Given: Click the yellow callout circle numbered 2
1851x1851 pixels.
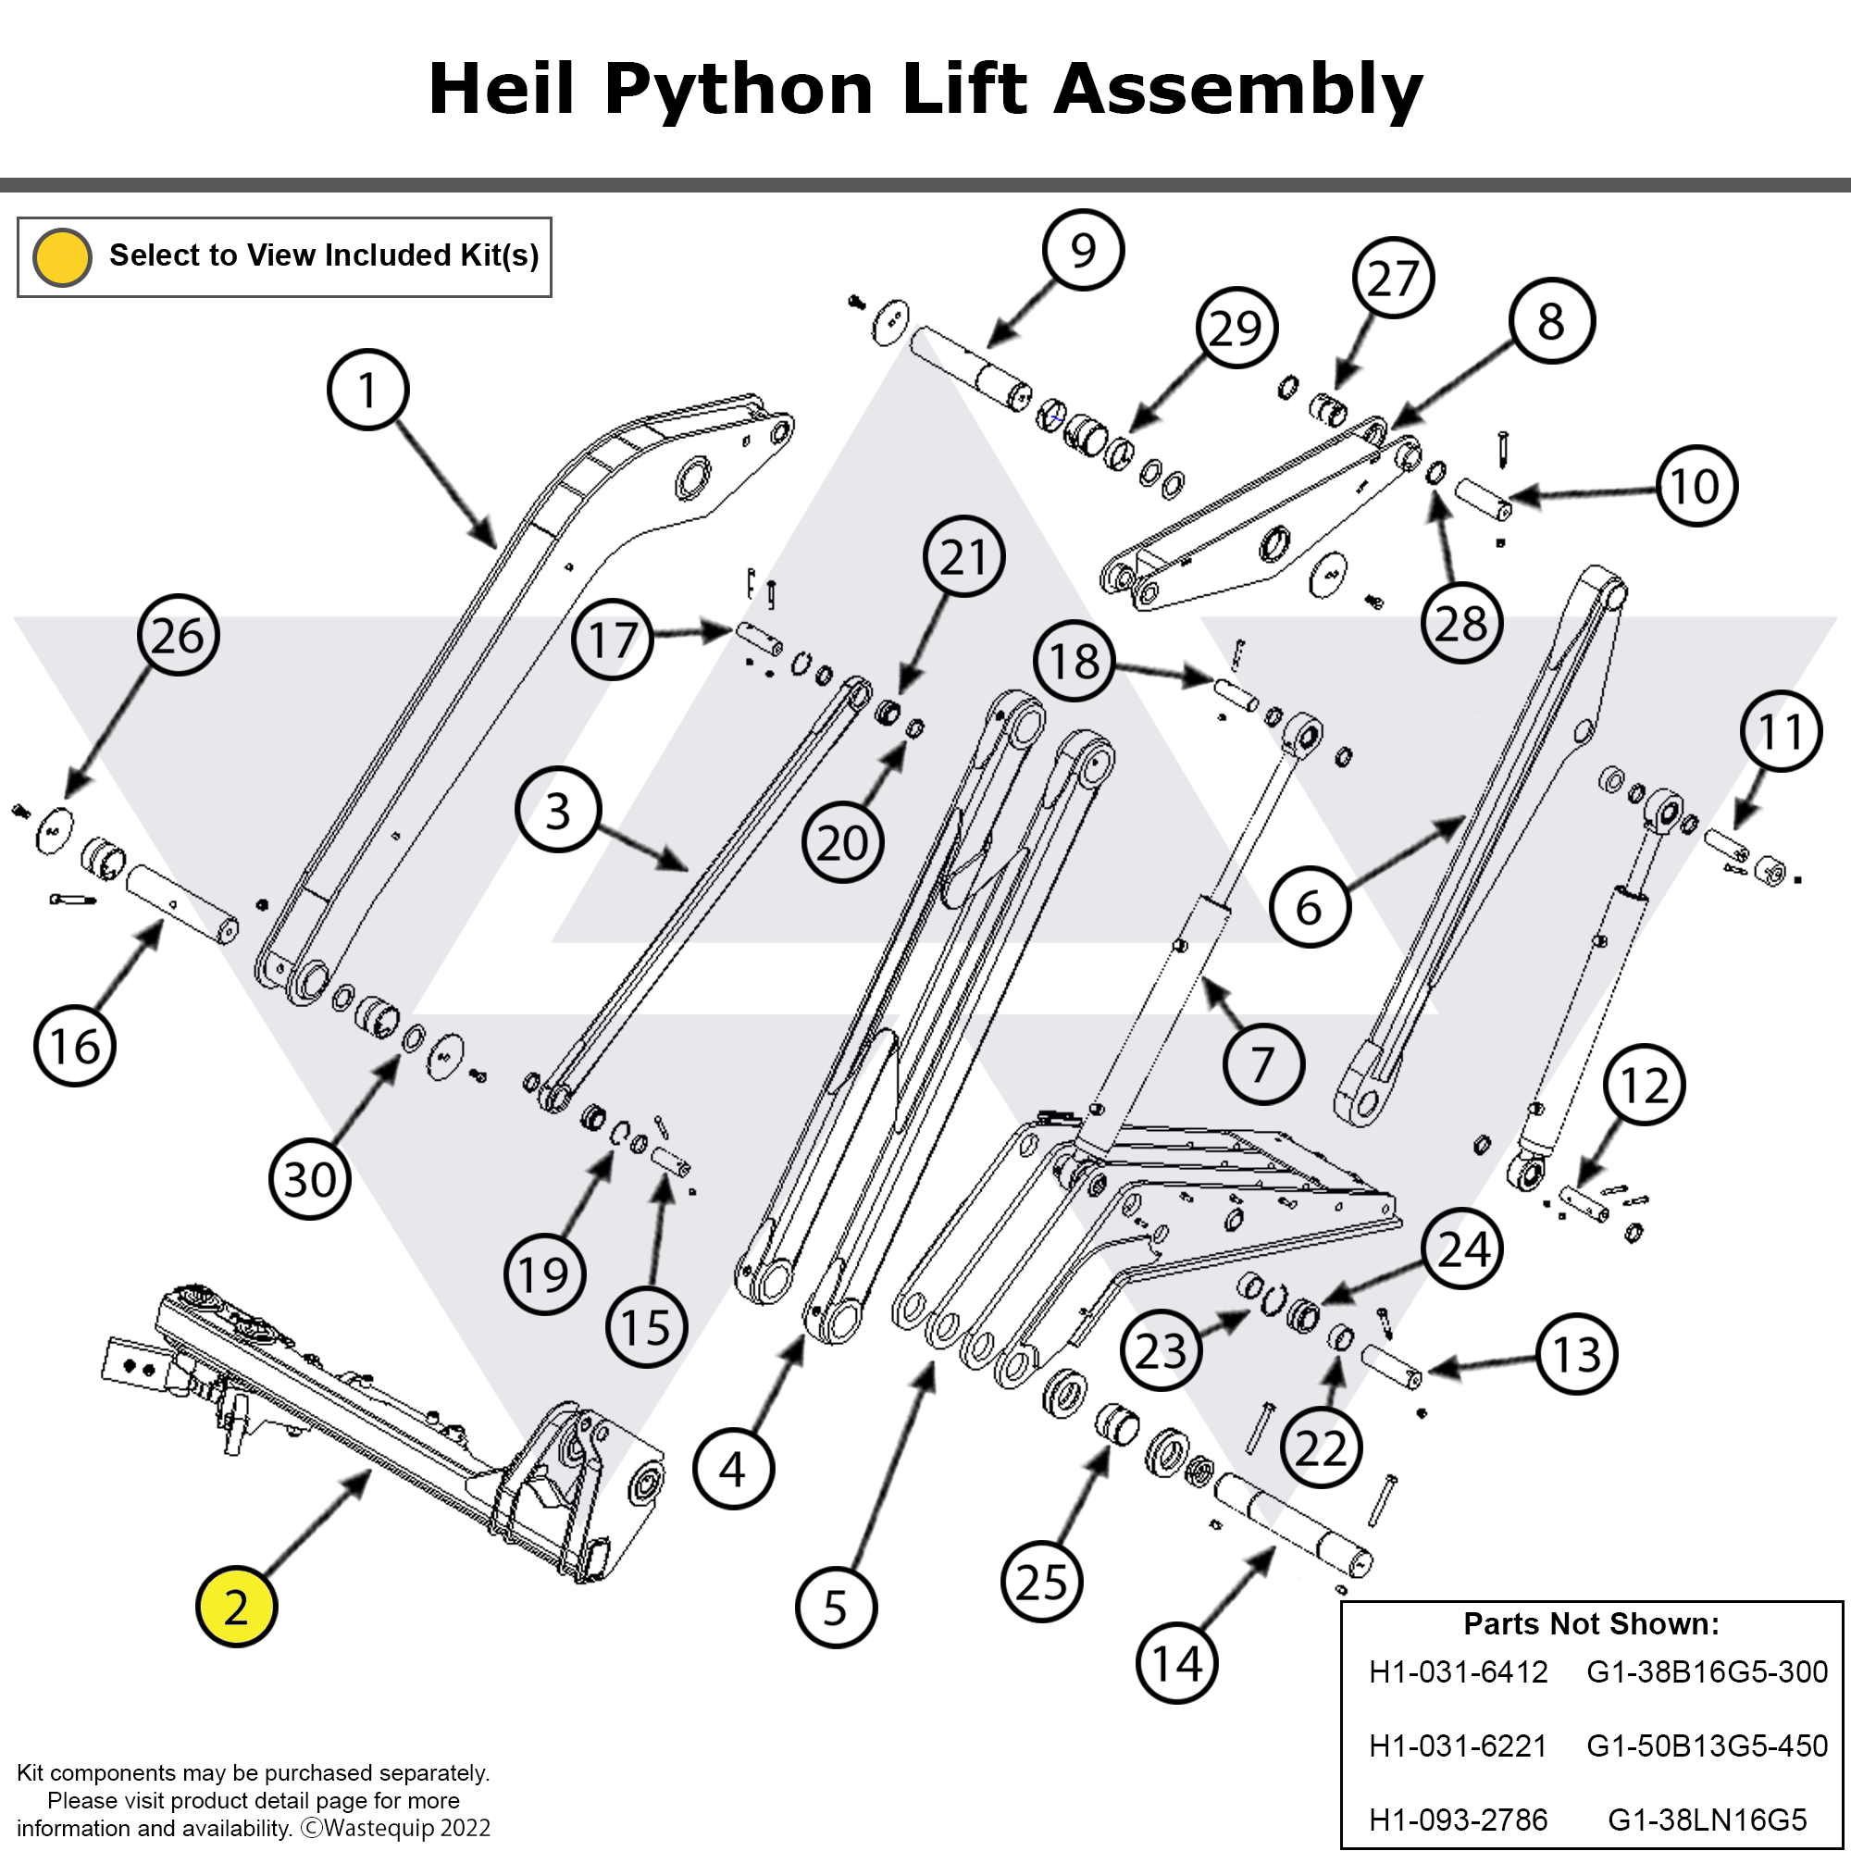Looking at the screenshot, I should pos(236,1607).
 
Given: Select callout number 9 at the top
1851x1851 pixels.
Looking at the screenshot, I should pos(1083,249).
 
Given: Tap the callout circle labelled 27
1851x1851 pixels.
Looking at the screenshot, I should pos(1393,278).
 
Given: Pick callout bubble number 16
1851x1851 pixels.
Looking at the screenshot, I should pos(75,1045).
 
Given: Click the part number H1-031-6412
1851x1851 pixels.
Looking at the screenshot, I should pos(1458,1671).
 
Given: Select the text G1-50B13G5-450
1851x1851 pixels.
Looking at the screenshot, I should pos(1707,1745).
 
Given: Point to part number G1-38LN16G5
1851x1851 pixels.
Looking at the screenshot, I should pos(1707,1819).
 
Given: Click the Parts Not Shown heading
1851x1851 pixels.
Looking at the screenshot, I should pos(1590,1624).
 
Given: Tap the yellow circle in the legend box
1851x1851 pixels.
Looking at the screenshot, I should pos(62,256).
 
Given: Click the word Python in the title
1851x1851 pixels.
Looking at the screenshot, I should pos(738,89).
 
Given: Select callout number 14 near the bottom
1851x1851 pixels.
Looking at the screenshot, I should pos(1176,1663).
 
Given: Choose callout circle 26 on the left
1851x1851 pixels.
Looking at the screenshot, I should pos(179,635).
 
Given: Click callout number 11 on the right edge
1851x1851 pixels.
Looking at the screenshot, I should pos(1780,731).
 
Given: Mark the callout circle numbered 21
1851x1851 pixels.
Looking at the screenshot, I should pos(963,556).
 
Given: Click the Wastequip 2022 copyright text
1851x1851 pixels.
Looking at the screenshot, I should pos(397,1828).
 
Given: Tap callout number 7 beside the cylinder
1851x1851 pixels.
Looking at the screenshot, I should pos(1262,1063).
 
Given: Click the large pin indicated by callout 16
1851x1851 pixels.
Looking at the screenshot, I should pos(182,903).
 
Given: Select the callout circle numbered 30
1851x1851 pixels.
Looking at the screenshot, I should pos(309,1178).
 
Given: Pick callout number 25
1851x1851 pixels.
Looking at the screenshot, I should pos(1041,1582).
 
